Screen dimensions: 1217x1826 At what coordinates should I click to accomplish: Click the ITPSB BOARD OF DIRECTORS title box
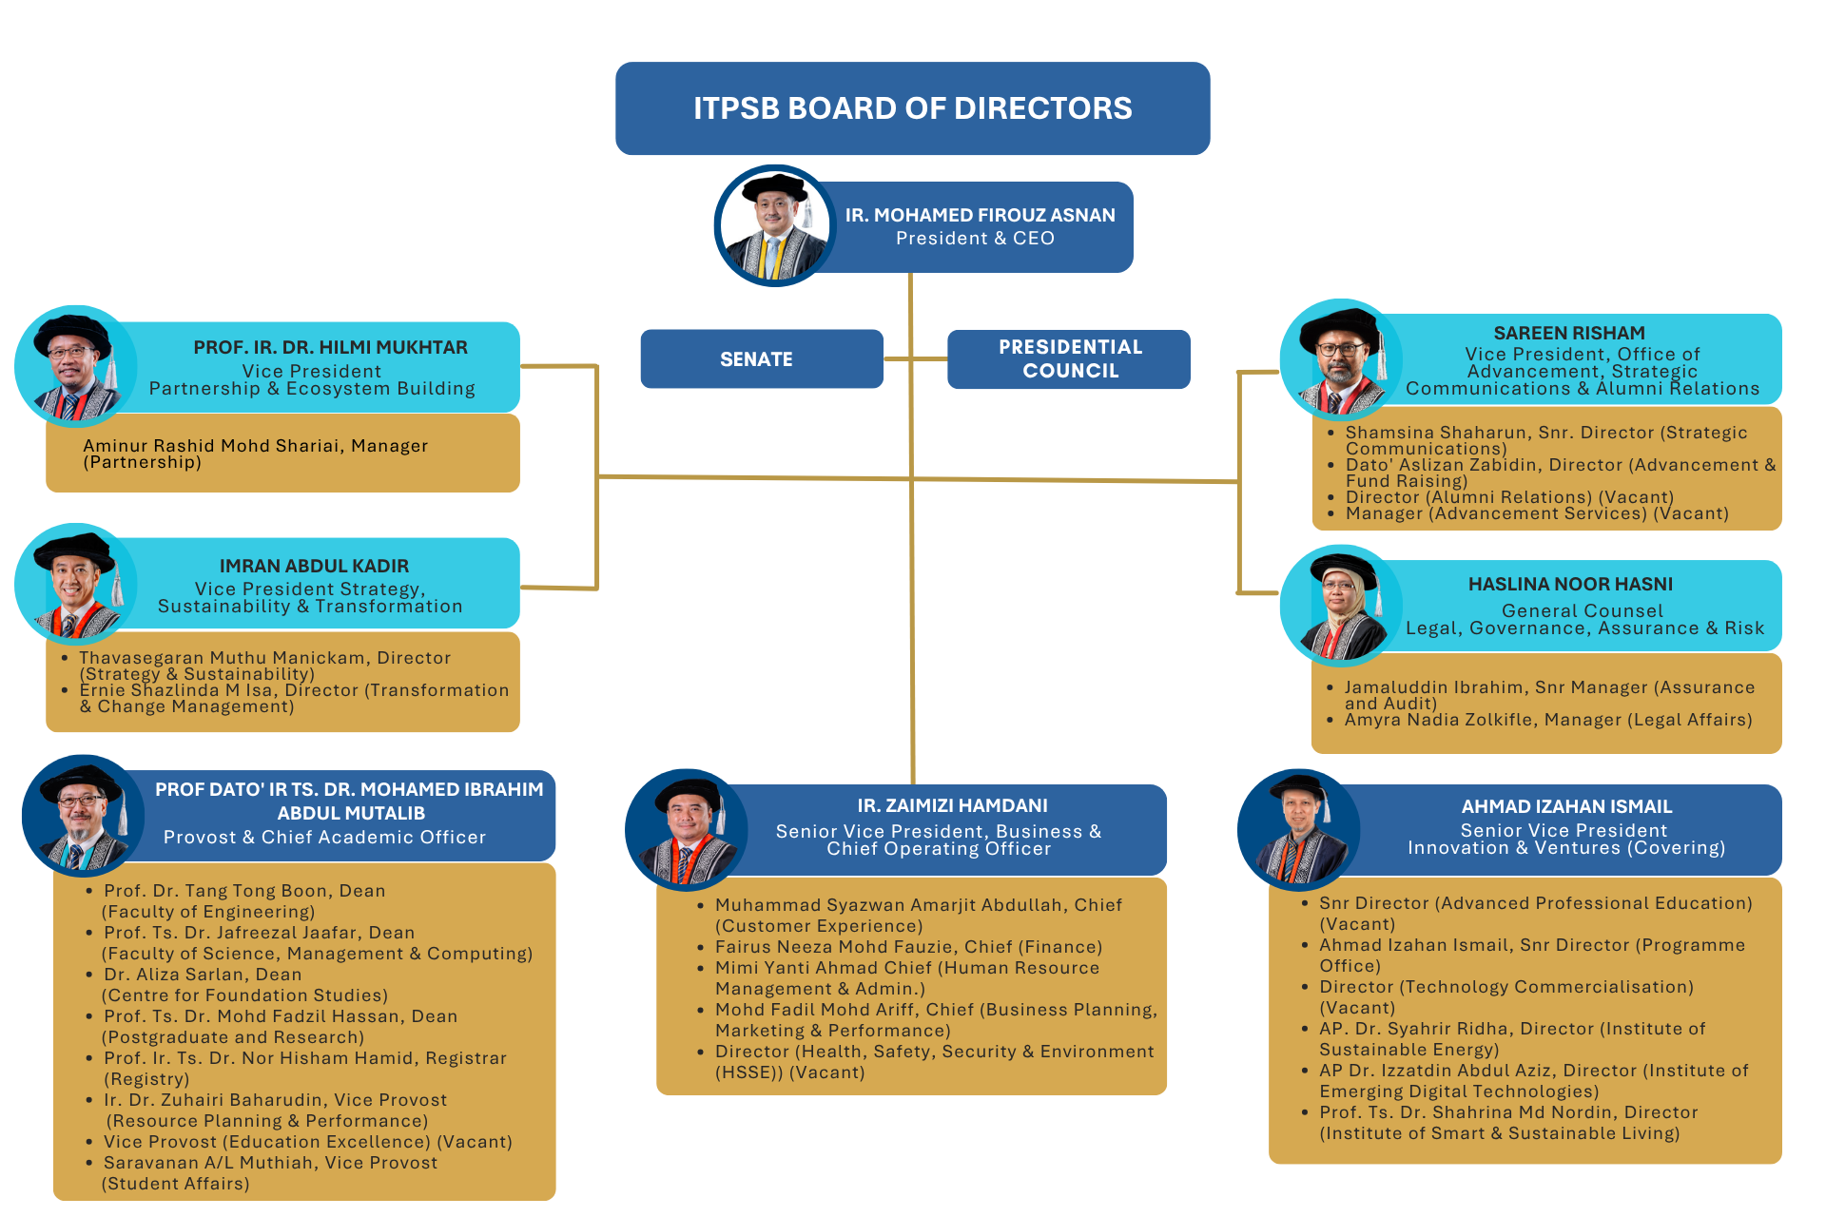coord(912,108)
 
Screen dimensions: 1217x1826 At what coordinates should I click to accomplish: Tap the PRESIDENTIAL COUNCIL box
coord(1069,358)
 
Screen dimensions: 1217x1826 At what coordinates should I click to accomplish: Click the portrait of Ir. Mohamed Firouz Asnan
coord(775,226)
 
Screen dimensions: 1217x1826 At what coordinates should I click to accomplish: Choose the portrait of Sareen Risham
coord(1341,359)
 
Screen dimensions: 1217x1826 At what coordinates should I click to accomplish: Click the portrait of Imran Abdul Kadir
coord(76,583)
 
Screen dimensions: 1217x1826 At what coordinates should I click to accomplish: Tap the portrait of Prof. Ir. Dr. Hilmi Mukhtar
coord(76,366)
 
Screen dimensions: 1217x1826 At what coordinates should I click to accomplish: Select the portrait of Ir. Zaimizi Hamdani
coord(686,829)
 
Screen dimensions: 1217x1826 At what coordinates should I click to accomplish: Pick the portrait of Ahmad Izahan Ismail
coord(1298,829)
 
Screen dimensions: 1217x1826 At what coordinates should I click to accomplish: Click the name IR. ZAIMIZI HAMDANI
coord(952,805)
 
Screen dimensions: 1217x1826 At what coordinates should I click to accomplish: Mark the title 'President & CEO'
coord(975,239)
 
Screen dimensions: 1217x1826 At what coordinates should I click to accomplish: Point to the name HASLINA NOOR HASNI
coord(1570,584)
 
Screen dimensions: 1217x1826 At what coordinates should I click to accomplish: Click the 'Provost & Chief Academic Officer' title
coord(324,838)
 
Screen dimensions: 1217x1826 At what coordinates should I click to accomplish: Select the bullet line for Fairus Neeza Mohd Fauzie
coord(908,947)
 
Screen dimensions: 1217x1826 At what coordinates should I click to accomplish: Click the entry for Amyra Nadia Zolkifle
coord(1547,720)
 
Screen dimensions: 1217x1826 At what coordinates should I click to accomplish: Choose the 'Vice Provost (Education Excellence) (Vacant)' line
coord(307,1142)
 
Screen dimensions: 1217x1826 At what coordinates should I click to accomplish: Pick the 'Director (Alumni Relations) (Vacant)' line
coord(1509,497)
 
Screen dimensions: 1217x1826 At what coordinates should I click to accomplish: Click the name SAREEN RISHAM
coord(1569,333)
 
